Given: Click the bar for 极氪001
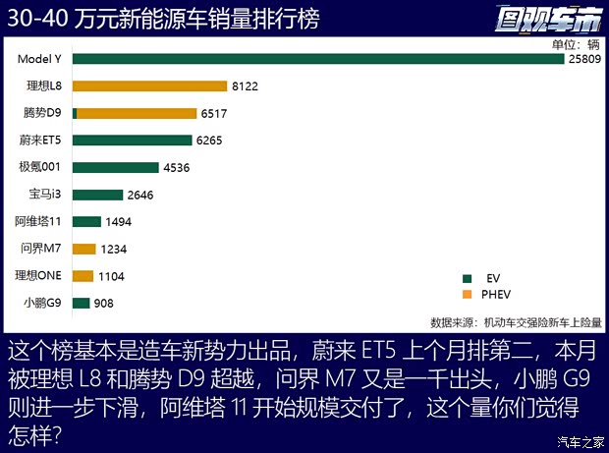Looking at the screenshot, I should pos(115,167).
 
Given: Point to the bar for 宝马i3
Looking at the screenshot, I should pos(97,195).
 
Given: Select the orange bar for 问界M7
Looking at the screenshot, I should pos(84,249).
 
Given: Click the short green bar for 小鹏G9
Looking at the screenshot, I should pos(81,303).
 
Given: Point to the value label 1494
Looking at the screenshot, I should pos(119,222).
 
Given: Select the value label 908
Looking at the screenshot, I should pos(103,303).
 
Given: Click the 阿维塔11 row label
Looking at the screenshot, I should pos(38,222).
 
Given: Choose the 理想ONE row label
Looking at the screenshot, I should pos(38,276).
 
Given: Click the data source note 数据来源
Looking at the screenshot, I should pos(516,321).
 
